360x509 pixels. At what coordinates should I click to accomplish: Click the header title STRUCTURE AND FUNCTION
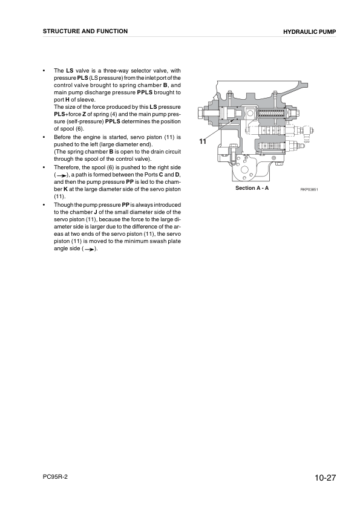(x=85, y=31)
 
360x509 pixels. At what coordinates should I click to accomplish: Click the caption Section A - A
(x=252, y=189)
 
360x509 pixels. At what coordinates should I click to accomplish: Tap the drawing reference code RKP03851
(x=309, y=189)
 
